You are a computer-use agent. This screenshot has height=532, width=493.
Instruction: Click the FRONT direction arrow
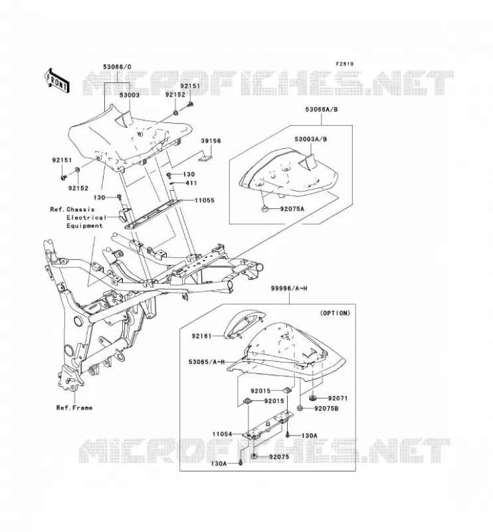56,80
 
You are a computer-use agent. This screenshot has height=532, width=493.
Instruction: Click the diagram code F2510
345,64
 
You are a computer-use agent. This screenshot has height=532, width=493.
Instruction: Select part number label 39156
211,140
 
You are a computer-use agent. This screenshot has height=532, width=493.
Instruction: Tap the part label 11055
205,200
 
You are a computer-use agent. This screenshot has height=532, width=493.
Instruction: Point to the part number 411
191,183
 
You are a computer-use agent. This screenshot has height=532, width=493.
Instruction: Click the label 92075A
292,209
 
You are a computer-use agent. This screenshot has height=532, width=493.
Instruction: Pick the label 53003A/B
310,139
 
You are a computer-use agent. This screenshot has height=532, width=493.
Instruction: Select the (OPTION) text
335,313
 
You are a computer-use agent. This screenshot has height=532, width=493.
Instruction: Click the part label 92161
202,336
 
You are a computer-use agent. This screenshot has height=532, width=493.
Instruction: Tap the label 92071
338,398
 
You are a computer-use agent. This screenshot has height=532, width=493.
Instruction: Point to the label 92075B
326,408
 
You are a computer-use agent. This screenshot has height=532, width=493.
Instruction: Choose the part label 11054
223,434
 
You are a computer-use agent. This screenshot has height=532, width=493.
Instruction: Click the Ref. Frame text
74,408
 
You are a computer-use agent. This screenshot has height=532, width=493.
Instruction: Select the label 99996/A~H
289,289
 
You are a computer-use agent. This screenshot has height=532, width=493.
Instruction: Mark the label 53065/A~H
207,362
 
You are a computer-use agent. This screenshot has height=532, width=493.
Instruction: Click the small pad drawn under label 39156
205,158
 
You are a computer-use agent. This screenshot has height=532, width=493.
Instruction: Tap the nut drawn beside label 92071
312,397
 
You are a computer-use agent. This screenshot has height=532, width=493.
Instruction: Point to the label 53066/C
118,67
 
